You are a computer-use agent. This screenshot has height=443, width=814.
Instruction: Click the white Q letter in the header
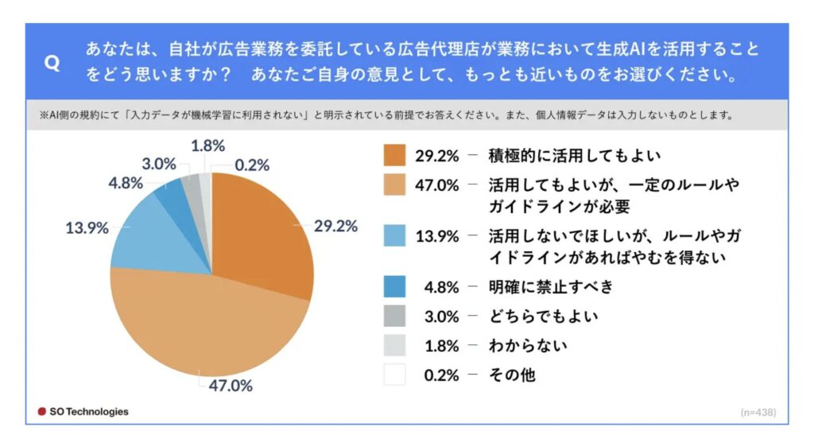(x=52, y=64)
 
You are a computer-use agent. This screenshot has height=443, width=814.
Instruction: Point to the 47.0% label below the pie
(x=231, y=387)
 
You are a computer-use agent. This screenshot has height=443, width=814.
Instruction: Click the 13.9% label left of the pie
(x=86, y=228)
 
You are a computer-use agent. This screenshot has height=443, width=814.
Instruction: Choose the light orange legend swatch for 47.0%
(x=394, y=185)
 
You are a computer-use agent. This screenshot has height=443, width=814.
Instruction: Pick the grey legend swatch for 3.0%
(x=394, y=316)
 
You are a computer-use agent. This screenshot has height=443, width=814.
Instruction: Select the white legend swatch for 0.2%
(x=394, y=375)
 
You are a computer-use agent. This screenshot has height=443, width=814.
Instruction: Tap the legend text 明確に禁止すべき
(x=551, y=286)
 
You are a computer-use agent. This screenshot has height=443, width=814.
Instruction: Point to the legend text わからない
(x=529, y=345)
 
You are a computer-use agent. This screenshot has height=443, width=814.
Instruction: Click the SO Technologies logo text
(x=83, y=412)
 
